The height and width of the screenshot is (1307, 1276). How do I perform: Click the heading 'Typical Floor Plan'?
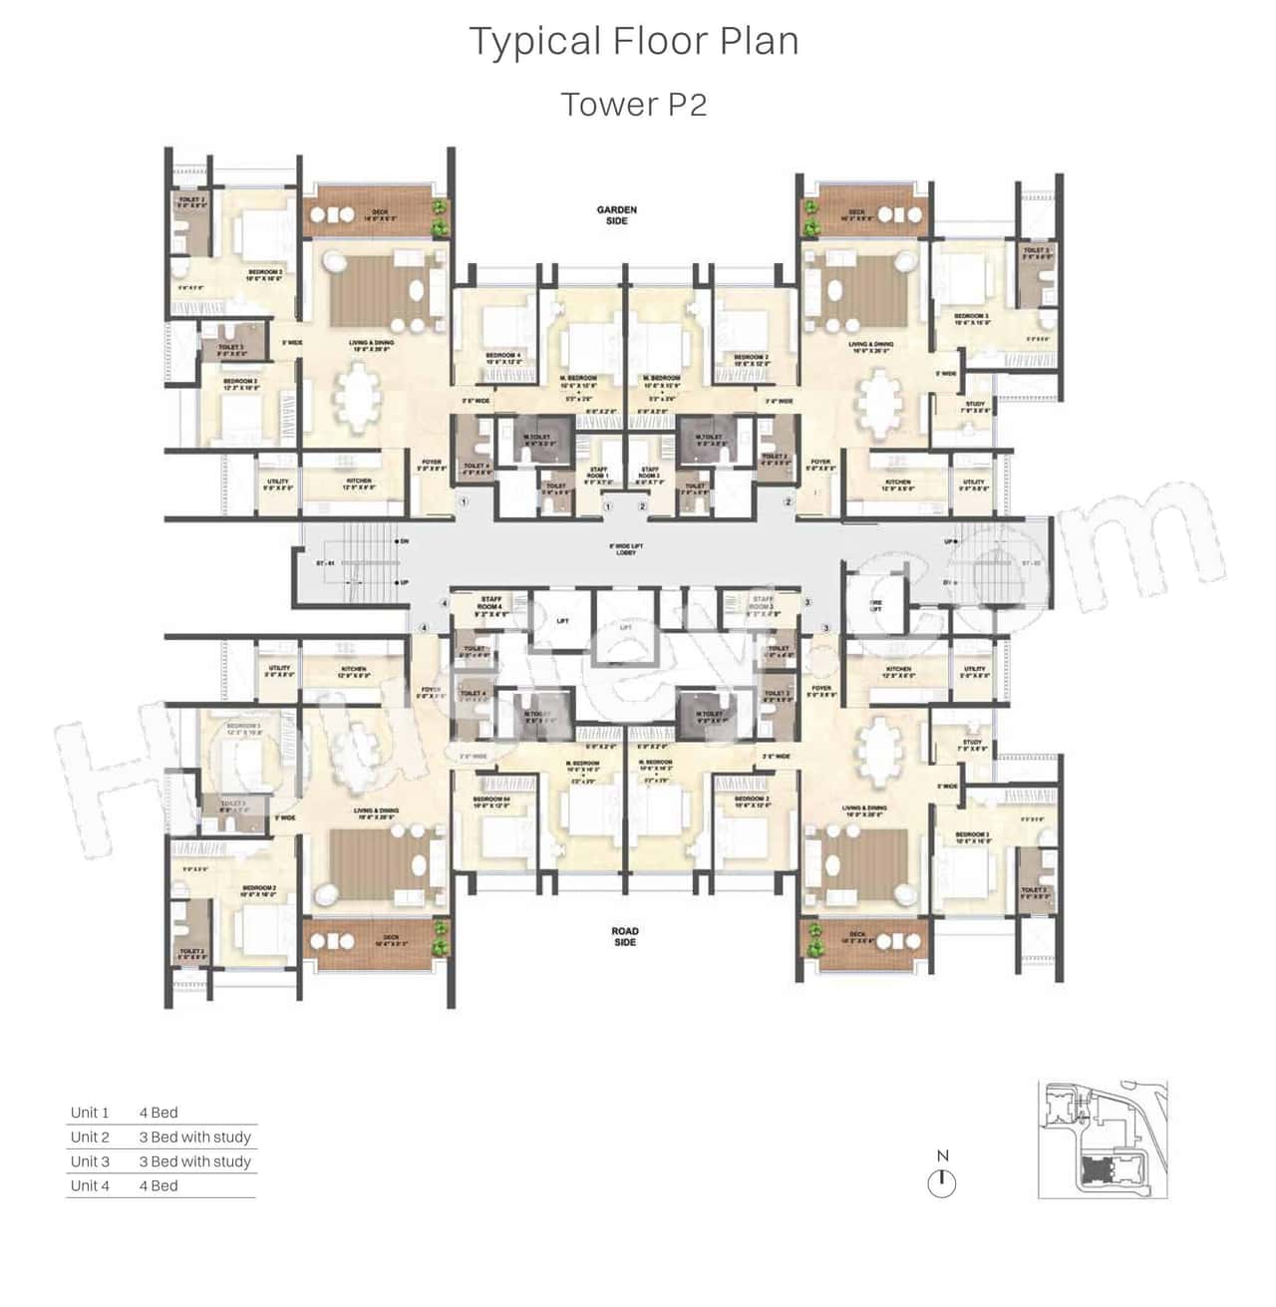click(x=634, y=42)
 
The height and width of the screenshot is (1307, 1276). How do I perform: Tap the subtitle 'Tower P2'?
click(x=634, y=104)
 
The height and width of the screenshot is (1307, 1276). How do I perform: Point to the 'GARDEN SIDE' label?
click(x=616, y=215)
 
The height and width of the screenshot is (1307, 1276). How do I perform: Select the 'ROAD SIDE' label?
click(x=625, y=936)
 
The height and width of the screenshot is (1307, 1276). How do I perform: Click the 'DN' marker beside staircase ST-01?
click(x=404, y=541)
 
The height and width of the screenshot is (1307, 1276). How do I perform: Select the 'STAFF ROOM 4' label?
click(x=490, y=603)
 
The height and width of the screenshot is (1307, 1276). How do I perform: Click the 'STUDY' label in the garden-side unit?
click(x=975, y=406)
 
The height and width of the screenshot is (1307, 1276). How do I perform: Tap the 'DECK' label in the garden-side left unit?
click(x=385, y=215)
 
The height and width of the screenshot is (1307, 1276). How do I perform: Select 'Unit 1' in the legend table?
click(x=90, y=1113)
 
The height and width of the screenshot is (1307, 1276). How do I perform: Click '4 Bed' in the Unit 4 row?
click(x=159, y=1185)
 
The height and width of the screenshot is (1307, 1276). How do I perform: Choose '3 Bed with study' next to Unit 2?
click(x=194, y=1137)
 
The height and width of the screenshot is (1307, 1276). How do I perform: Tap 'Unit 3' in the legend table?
click(x=90, y=1161)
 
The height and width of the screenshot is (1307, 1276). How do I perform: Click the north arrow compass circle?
click(x=942, y=1183)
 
